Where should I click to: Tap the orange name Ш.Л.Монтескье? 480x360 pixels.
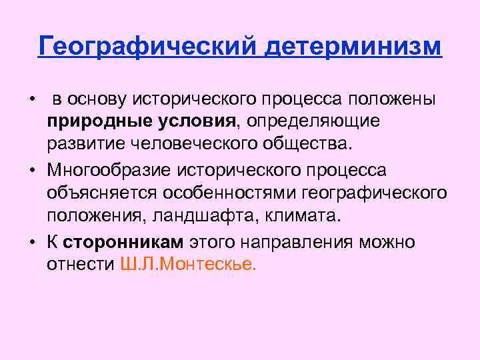tap(187, 264)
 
